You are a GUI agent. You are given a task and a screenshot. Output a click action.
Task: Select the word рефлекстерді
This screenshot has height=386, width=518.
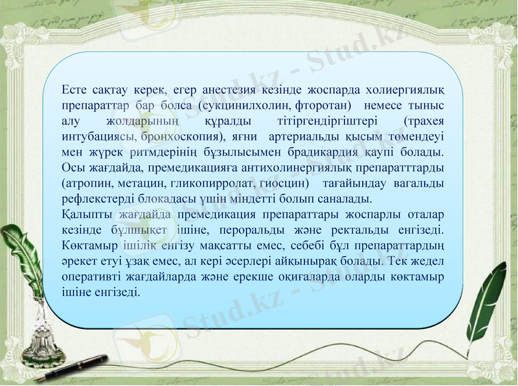(93, 199)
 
